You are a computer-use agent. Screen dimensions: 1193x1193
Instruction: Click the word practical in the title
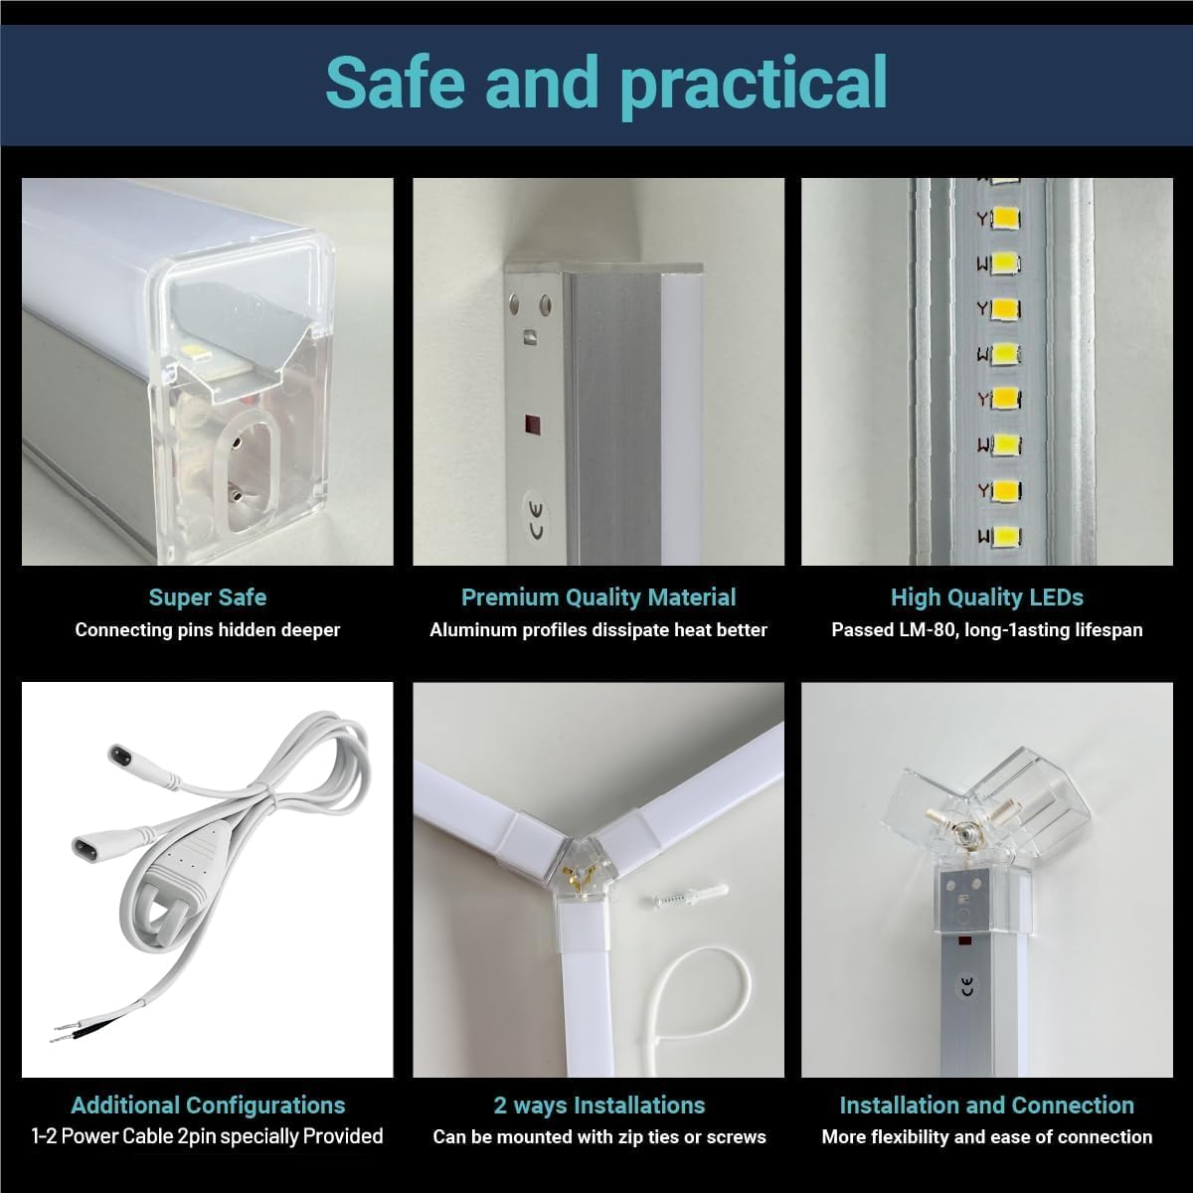pos(754,84)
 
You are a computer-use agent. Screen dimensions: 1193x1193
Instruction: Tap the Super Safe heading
pos(207,597)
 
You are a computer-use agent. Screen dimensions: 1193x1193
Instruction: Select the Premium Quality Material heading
pos(598,597)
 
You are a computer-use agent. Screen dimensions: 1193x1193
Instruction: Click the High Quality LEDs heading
pos(986,597)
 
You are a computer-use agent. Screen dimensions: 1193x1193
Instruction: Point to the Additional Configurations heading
pos(208,1106)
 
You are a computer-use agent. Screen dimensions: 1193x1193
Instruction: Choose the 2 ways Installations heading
pos(598,1106)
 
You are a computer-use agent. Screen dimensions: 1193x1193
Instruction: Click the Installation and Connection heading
pos(986,1106)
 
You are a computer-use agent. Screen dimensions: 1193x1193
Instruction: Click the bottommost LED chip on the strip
pos(1005,536)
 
